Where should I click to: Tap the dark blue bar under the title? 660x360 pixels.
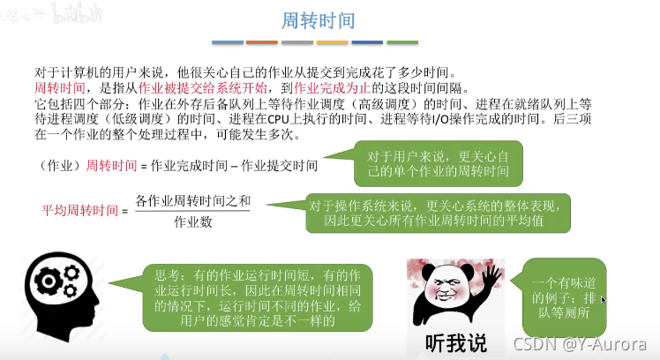pos(367,41)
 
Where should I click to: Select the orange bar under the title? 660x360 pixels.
pos(262,41)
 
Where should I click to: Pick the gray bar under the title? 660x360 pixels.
pos(297,41)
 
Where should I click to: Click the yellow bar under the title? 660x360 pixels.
pos(333,41)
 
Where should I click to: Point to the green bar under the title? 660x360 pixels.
pos(402,41)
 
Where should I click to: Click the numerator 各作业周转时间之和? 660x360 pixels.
pos(193,200)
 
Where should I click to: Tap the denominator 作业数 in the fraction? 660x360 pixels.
pos(193,221)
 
